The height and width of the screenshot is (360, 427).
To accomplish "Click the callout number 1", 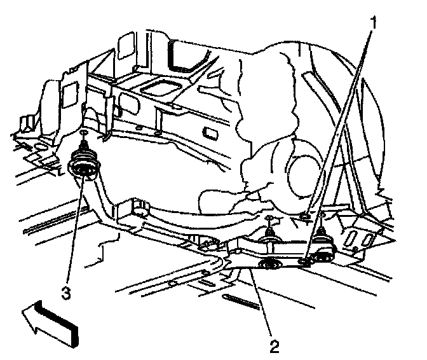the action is pos(374,24).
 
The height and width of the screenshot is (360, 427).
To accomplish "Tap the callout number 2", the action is pos(274,347).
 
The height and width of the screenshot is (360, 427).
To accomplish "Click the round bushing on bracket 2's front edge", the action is pos(269,264).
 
